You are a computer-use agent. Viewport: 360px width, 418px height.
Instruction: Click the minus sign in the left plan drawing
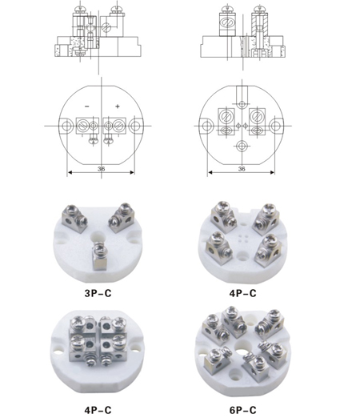click(x=87, y=107)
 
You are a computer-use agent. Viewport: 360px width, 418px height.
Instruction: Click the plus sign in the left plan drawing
click(x=118, y=107)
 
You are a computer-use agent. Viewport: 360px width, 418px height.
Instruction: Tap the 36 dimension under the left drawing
click(x=101, y=169)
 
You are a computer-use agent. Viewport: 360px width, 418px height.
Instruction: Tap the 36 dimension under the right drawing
click(x=242, y=169)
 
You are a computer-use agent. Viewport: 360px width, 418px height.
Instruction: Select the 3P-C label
click(x=98, y=293)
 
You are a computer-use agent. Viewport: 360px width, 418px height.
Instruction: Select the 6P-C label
click(x=242, y=410)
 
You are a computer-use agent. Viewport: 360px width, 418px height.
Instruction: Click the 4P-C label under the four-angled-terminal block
click(x=242, y=293)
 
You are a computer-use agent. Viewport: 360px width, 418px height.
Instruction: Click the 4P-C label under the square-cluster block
click(x=98, y=410)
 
